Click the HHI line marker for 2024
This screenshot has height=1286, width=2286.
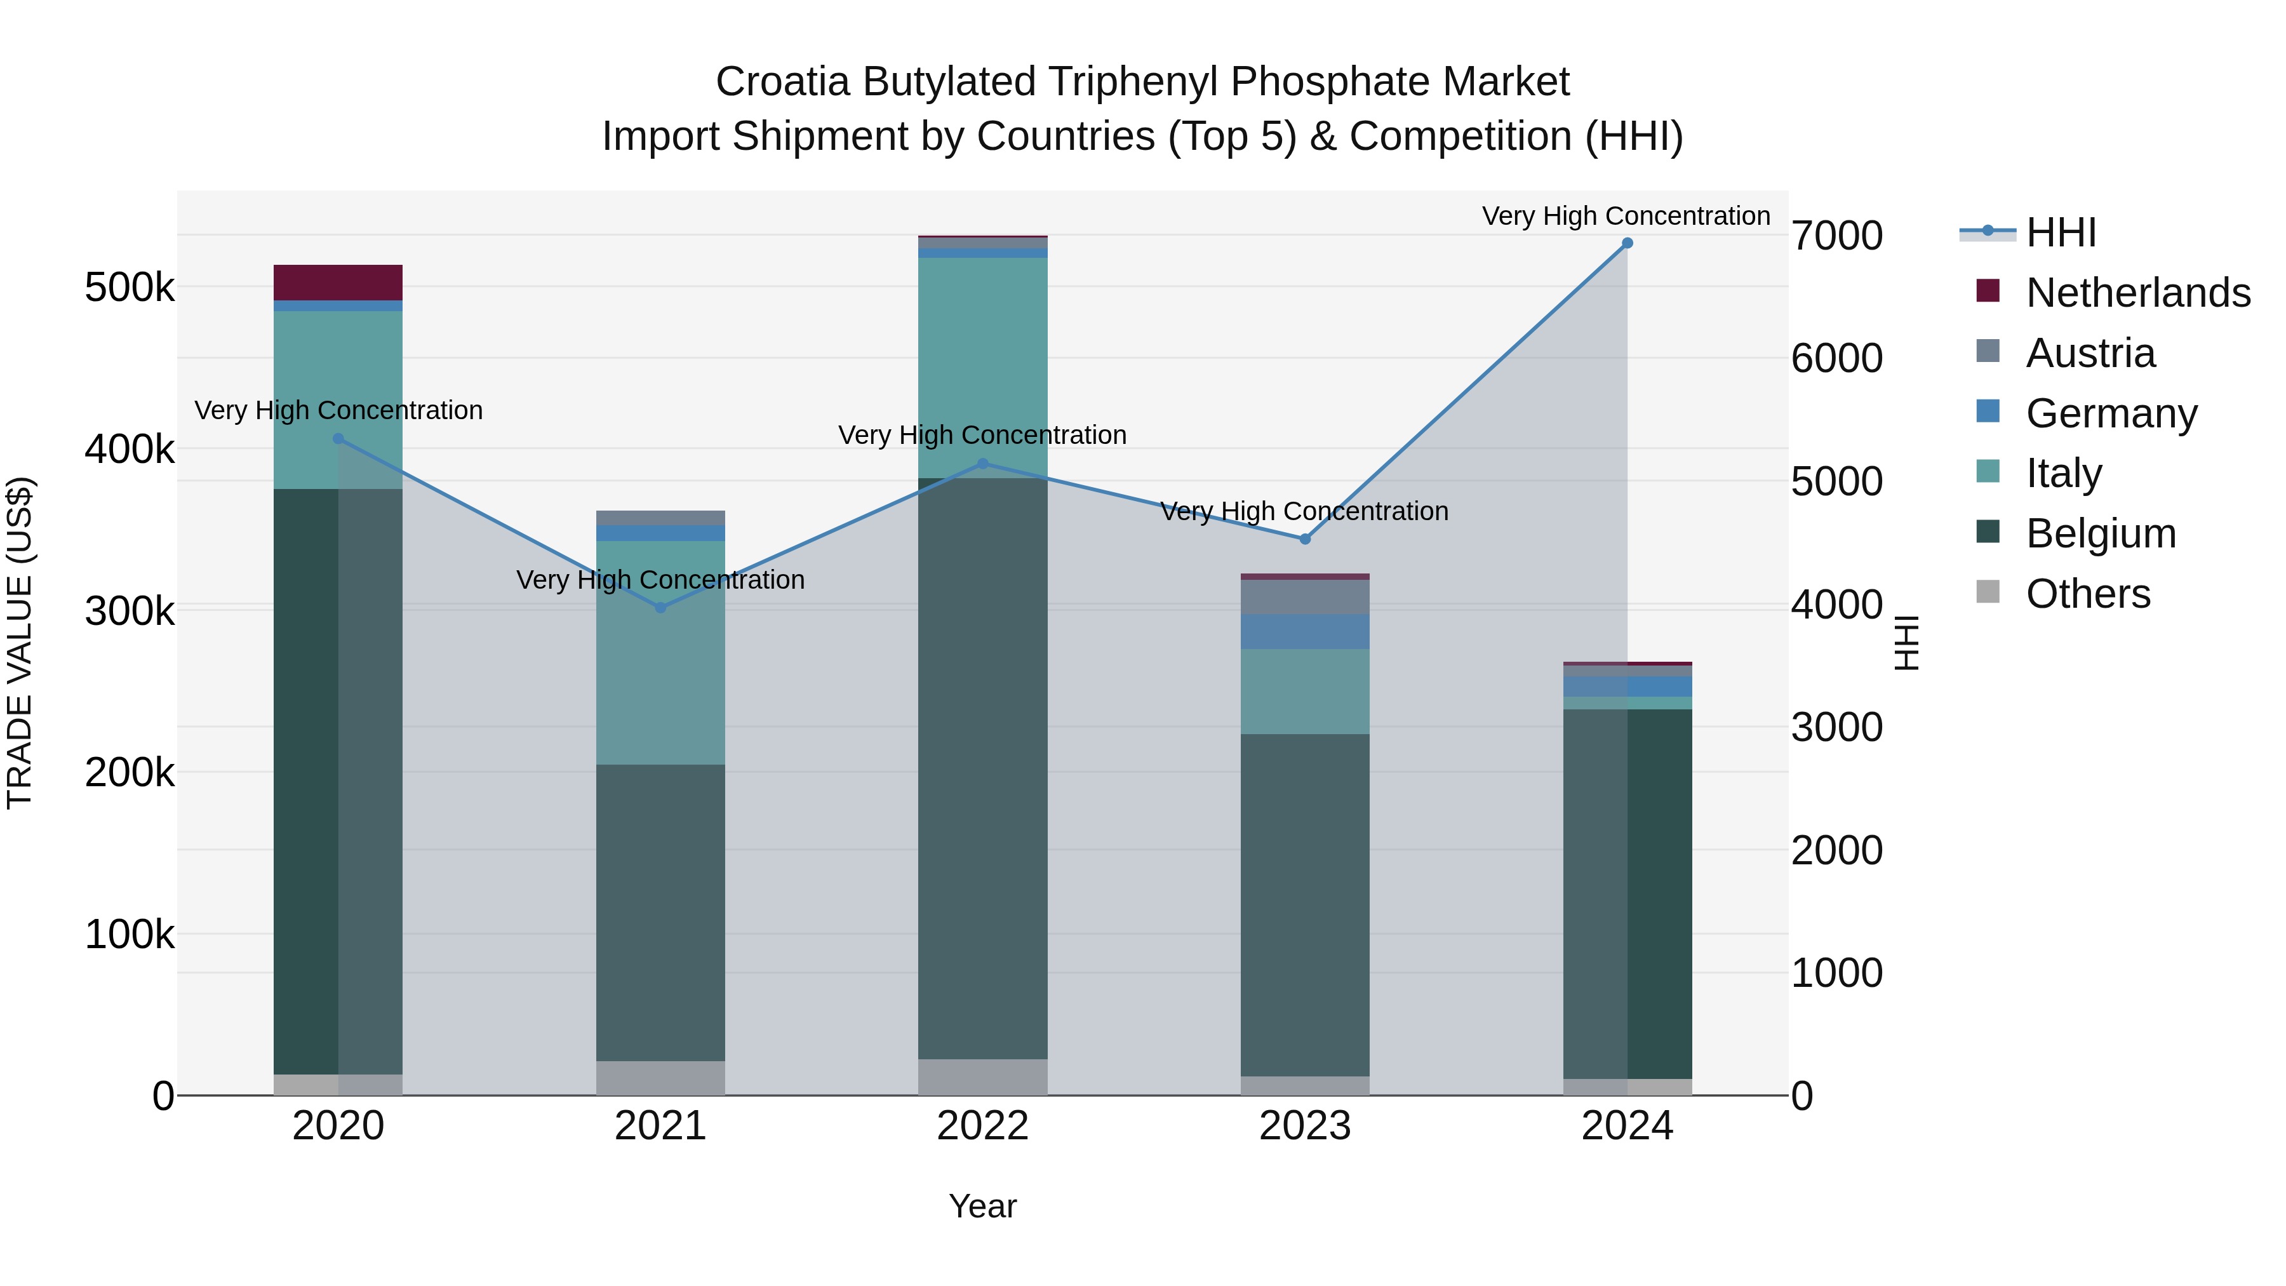click(1627, 243)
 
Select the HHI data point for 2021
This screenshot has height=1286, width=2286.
click(660, 608)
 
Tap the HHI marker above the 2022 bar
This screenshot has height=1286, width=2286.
click(982, 464)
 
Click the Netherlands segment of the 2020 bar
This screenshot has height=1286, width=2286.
click(338, 282)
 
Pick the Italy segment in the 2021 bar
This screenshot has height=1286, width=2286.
click(660, 652)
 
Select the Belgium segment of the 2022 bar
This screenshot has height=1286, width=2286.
click(982, 768)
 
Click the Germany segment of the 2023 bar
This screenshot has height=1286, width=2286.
click(1304, 632)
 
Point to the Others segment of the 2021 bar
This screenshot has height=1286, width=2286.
click(660, 1078)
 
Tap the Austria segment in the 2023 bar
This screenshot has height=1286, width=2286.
click(1304, 598)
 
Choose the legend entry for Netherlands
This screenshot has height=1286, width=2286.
click(2138, 293)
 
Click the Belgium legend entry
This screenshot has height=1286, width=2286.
click(2101, 533)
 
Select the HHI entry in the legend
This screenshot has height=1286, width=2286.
click(2061, 232)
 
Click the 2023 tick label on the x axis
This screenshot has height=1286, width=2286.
click(1304, 1126)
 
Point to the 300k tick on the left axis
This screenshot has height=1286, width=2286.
click(130, 610)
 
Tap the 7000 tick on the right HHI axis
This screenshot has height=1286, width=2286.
click(1836, 236)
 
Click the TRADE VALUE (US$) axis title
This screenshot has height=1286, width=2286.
click(20, 643)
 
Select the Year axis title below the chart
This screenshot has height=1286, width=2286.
click(982, 1206)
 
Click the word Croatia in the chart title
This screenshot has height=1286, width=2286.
click(783, 82)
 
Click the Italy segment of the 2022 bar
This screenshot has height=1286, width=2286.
click(982, 368)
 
